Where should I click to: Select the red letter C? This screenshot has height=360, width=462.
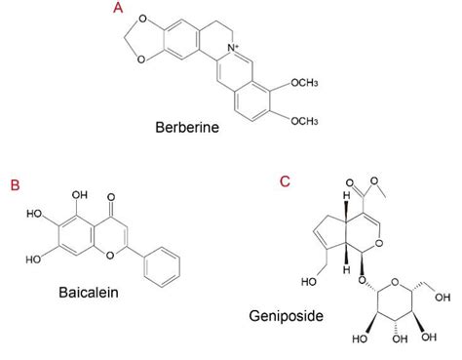(284, 181)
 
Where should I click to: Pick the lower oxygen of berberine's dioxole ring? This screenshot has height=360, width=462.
(142, 59)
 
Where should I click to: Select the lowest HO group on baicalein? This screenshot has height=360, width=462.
(33, 260)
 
